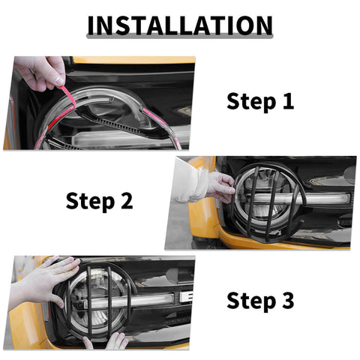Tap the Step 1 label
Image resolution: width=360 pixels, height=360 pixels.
point(260,101)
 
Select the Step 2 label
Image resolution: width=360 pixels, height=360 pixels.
point(99,200)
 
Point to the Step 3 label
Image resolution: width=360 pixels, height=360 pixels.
point(260,301)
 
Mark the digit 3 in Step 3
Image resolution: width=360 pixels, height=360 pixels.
point(286,301)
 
